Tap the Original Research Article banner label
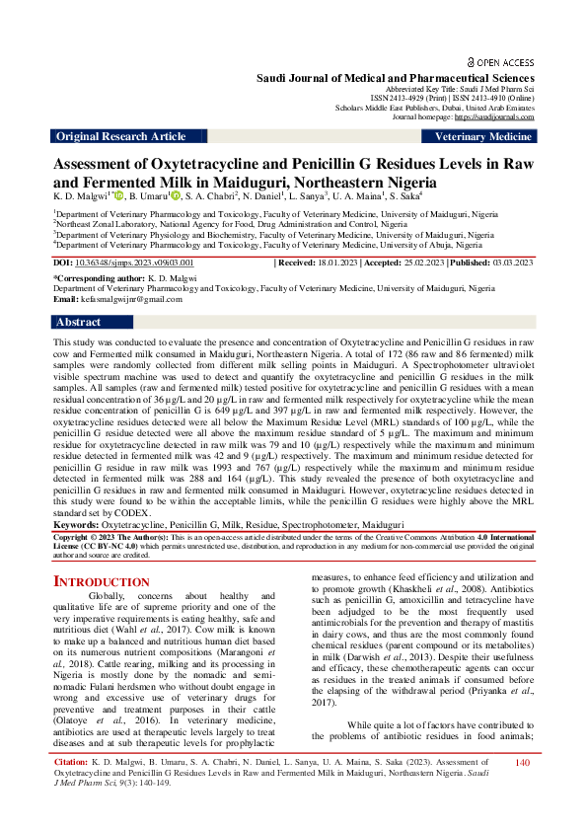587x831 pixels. click(x=120, y=137)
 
